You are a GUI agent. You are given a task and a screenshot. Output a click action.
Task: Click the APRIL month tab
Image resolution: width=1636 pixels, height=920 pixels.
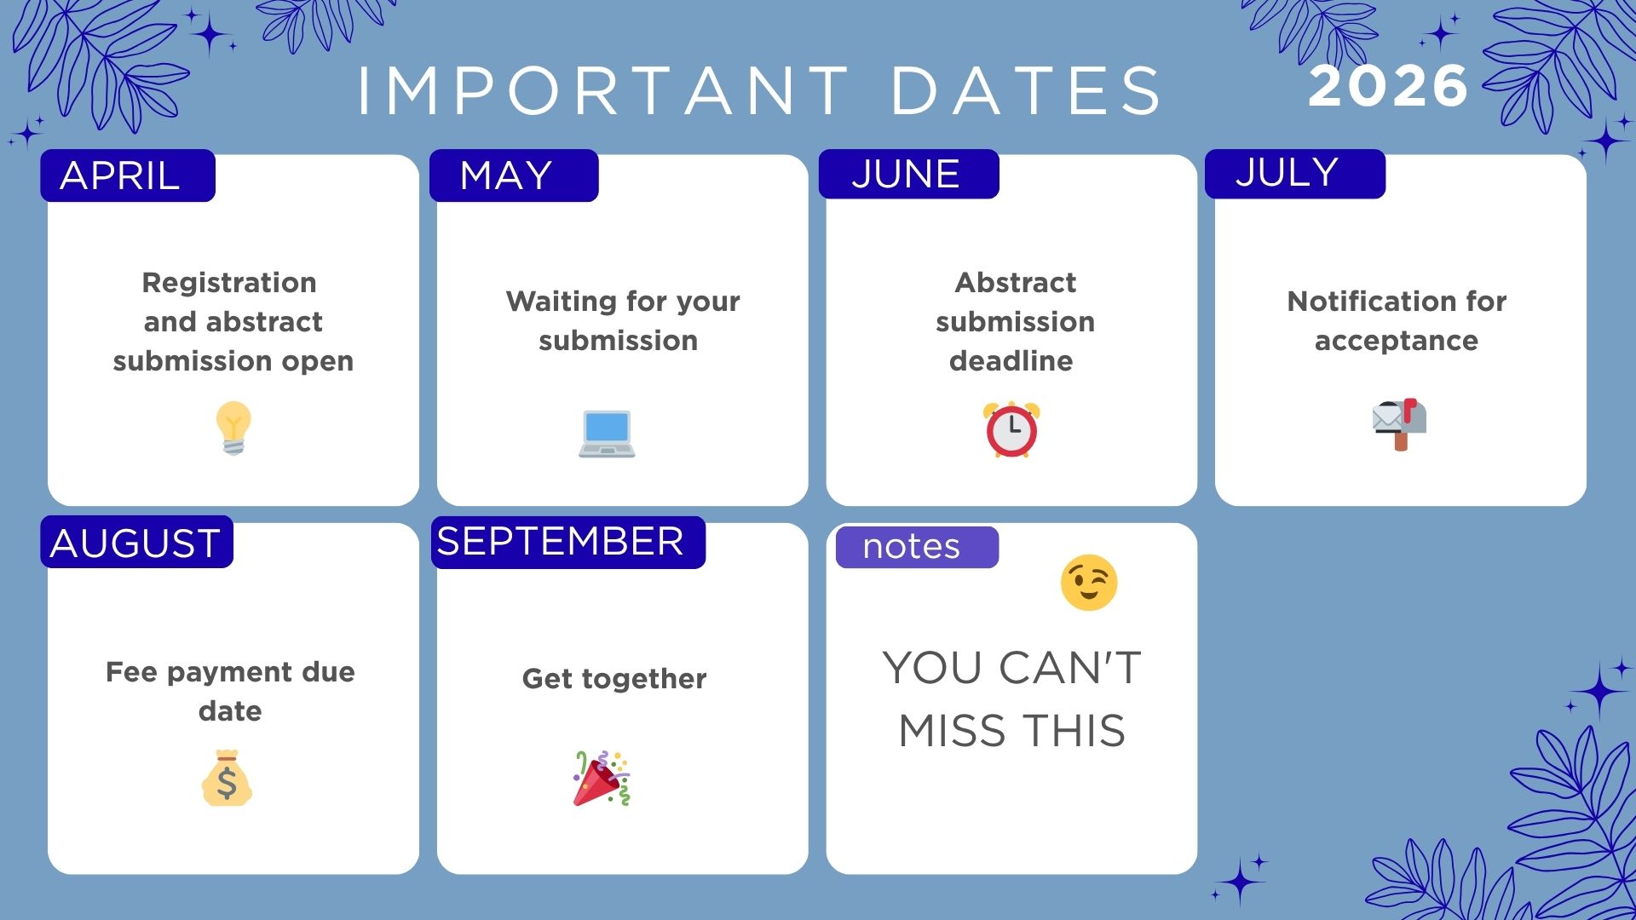(128, 175)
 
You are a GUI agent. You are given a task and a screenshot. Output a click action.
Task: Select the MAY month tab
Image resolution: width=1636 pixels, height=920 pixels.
(514, 175)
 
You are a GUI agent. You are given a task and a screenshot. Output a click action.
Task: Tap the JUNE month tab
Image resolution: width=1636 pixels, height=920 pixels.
(908, 174)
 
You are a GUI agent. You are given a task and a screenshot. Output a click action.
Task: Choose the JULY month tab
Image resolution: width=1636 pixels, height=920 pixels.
(1294, 173)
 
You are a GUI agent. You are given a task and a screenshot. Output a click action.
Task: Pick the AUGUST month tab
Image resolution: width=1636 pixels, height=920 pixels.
(136, 543)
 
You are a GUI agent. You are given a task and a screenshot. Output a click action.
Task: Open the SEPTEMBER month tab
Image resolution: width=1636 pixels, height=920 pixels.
(567, 542)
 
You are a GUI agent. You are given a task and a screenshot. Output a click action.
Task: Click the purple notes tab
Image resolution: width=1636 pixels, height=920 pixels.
(916, 547)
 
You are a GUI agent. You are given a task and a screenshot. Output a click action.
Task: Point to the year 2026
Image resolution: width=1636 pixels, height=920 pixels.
(1388, 86)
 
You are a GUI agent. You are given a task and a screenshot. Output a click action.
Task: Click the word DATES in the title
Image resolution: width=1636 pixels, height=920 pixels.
(1026, 90)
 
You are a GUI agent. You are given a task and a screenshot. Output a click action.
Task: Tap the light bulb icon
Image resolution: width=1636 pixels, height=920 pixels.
(233, 428)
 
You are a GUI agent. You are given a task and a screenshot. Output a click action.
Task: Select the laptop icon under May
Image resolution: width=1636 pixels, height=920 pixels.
(607, 434)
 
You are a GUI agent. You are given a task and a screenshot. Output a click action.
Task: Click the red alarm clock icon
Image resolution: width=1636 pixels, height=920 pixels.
(1011, 429)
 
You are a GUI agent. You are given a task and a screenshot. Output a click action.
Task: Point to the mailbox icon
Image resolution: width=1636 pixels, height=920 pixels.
(1399, 423)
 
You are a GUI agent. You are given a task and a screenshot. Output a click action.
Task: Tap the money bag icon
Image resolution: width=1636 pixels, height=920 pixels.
(227, 778)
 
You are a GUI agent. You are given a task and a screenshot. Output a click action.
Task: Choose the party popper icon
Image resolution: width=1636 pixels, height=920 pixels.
(602, 778)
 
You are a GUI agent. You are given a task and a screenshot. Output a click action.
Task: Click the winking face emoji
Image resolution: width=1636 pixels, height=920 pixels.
(1088, 584)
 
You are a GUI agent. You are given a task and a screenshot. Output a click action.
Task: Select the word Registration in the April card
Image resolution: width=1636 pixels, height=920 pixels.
(229, 283)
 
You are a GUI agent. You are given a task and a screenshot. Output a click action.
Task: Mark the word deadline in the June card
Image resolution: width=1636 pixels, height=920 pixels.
(1011, 361)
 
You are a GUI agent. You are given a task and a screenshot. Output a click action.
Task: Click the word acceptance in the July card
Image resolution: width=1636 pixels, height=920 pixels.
(1396, 341)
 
